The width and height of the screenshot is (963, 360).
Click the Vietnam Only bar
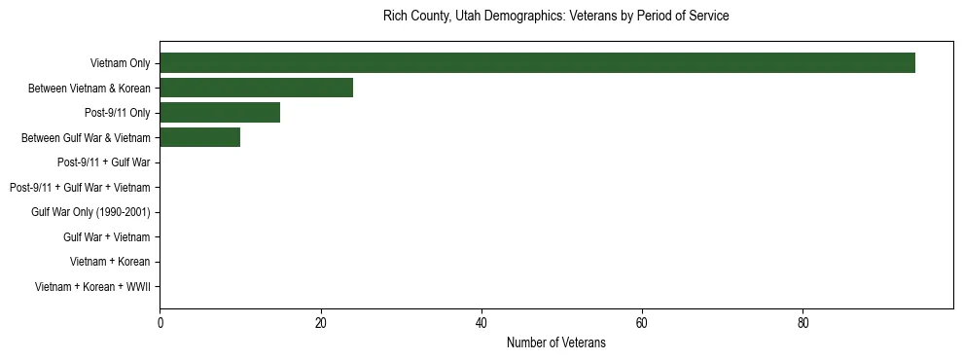click(537, 63)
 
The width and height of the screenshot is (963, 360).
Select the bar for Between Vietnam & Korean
click(256, 89)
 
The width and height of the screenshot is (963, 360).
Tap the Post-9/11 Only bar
click(220, 113)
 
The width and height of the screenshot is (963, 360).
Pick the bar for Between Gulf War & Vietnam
click(199, 138)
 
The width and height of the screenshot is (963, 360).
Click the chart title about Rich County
click(555, 17)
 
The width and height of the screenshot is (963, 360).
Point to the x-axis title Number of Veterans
click(555, 342)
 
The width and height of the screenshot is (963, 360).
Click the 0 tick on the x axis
click(160, 322)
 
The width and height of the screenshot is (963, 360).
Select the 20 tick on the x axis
click(320, 322)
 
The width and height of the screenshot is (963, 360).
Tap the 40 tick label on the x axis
click(481, 322)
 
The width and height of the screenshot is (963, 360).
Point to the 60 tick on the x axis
click(642, 322)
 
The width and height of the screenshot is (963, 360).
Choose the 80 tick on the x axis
click(802, 322)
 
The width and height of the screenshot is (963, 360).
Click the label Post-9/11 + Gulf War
click(103, 163)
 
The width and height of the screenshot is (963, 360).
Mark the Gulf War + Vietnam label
click(106, 237)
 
